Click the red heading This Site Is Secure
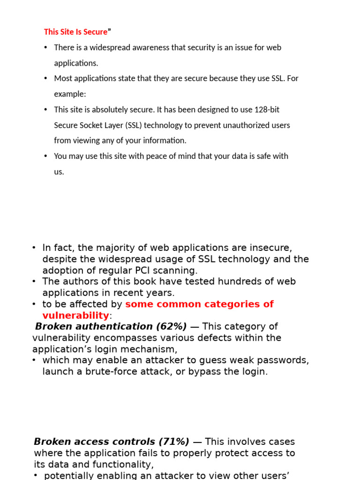click(75, 32)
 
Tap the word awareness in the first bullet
click(148, 47)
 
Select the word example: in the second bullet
click(70, 94)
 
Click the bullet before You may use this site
click(45, 156)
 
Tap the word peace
click(167, 156)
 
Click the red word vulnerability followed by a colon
click(75, 315)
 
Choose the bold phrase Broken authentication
click(94, 326)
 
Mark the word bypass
click(221, 372)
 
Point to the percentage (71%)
click(174, 442)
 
